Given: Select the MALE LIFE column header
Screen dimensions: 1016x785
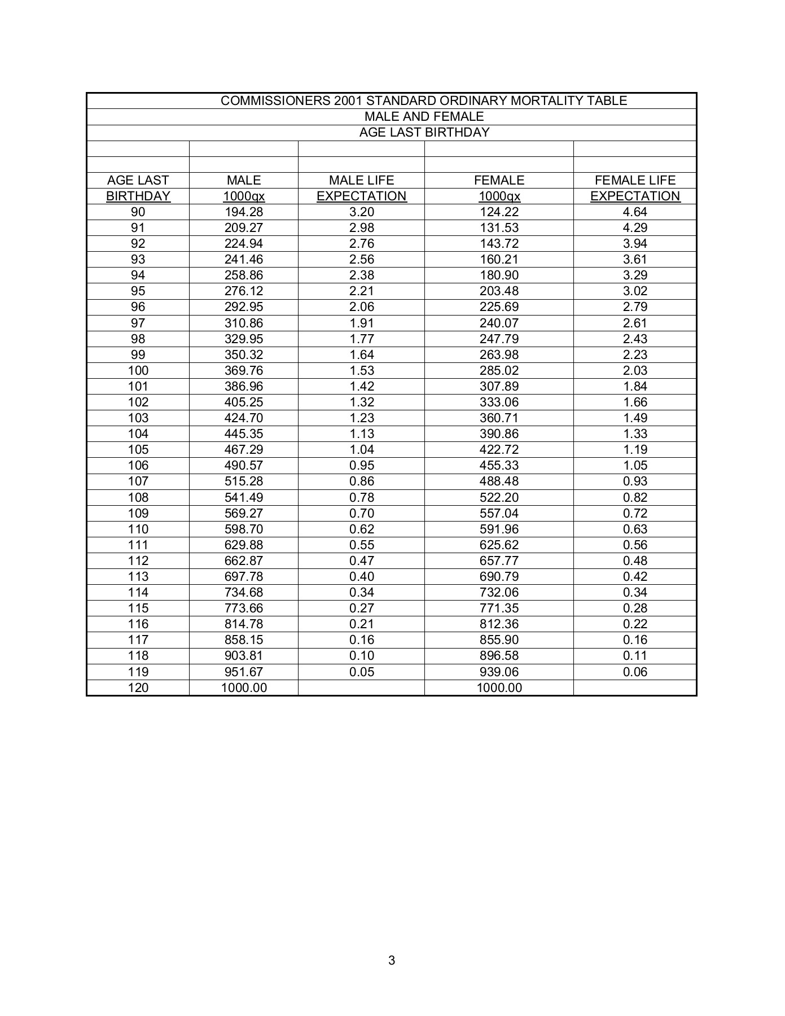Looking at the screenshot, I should [361, 180].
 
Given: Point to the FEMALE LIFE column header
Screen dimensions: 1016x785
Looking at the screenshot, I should [635, 180].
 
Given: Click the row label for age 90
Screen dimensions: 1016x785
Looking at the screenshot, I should [138, 212].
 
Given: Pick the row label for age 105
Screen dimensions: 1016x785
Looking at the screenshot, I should [138, 449].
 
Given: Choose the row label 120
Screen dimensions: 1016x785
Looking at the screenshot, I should [138, 687].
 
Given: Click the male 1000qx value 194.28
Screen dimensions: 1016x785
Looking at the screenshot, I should [244, 212].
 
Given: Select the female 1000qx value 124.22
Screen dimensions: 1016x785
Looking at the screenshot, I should [499, 212].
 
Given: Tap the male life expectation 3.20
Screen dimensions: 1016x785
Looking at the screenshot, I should [361, 212].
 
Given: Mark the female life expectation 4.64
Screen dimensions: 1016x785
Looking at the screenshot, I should [635, 212].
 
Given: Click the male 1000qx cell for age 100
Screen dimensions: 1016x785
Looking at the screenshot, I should [244, 370].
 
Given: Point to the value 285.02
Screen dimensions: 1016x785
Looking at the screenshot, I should [499, 370].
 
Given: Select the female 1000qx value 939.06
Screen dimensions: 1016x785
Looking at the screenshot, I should [499, 672].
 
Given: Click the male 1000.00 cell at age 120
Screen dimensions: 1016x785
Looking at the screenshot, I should [244, 687].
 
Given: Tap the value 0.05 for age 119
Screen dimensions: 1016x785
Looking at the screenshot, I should [361, 672].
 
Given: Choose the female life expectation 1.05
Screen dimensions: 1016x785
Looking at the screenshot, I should [635, 465].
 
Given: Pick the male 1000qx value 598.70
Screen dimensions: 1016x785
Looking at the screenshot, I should [244, 529].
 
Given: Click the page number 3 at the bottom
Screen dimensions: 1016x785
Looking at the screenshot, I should [392, 960].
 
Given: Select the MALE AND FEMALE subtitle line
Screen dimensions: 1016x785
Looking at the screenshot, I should [424, 116].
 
